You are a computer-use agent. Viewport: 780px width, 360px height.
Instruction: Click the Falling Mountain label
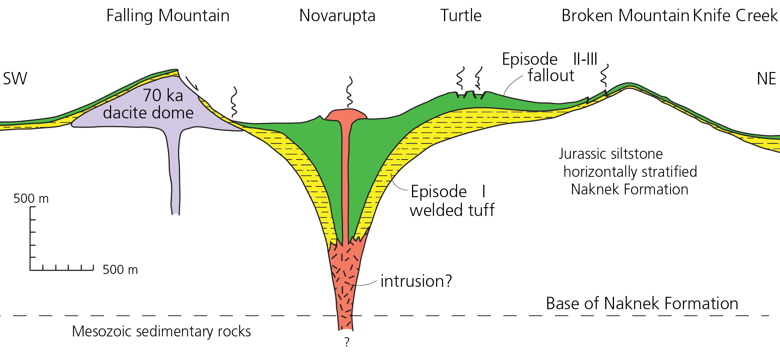[x=168, y=16]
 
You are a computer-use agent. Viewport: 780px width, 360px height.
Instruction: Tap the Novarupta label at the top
[x=337, y=16]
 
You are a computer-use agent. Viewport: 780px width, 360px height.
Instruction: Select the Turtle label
[x=461, y=16]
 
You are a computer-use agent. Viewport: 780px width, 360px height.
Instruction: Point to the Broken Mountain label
[x=625, y=16]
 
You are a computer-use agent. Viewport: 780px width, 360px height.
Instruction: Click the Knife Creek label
[x=735, y=16]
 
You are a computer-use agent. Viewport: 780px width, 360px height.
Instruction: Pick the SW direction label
[x=15, y=79]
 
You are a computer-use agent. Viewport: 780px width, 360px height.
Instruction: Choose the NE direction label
[x=766, y=79]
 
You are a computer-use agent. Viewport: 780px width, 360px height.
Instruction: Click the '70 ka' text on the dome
[x=163, y=96]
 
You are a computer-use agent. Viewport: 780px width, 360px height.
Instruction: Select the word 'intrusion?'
[x=416, y=281]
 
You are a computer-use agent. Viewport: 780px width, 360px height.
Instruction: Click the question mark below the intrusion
[x=347, y=342]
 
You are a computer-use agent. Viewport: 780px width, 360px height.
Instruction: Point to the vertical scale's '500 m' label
[x=31, y=199]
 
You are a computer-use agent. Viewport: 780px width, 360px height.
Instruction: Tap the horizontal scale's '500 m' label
[x=120, y=270]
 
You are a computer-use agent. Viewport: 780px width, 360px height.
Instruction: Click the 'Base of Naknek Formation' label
[x=642, y=304]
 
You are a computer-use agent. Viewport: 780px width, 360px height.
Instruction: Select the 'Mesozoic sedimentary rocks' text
[x=161, y=332]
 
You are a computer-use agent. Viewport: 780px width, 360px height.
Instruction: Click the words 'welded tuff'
[x=452, y=210]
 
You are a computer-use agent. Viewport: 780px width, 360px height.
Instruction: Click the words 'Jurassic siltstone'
[x=611, y=154]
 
